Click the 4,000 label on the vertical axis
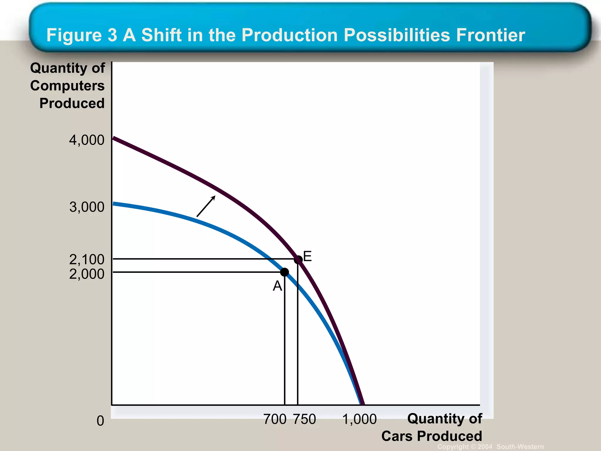click(87, 140)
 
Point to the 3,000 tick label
click(87, 207)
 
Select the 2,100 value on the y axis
click(87, 259)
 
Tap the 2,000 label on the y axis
click(87, 274)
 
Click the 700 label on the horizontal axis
click(275, 419)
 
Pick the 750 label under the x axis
click(305, 419)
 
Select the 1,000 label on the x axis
click(359, 419)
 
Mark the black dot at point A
click(284, 272)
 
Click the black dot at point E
click(298, 260)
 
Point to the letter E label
click(307, 256)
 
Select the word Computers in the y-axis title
click(67, 86)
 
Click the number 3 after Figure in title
click(112, 35)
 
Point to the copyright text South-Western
click(520, 447)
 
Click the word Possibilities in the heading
click(397, 35)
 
